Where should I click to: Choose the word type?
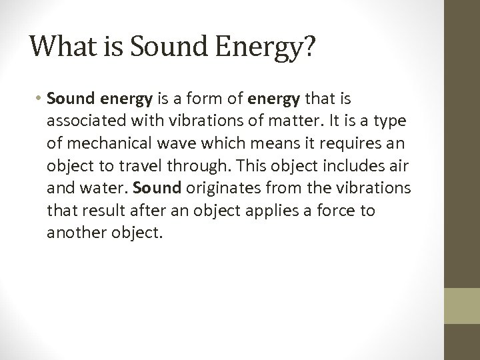(382, 123)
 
